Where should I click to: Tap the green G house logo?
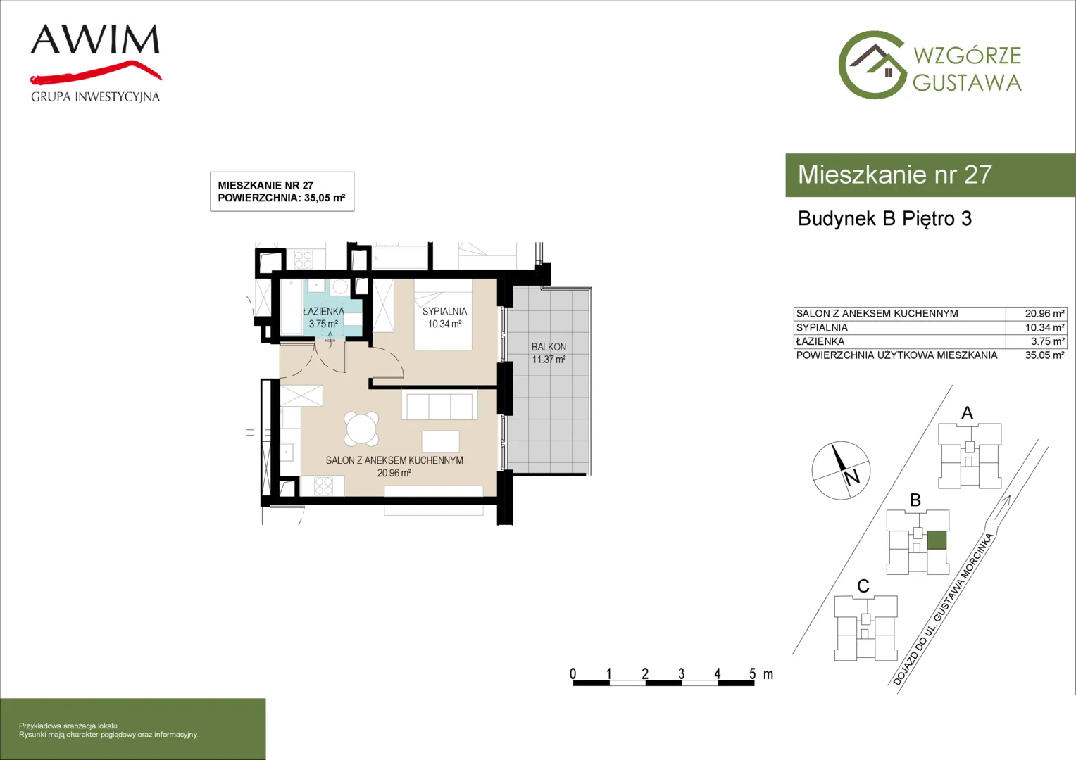(872, 65)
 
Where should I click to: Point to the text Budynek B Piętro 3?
(885, 218)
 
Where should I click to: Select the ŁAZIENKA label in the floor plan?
(323, 311)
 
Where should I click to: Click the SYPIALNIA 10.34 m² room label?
(445, 317)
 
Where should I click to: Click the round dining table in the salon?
(361, 429)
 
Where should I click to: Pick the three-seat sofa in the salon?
(439, 405)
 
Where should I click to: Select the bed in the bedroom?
(444, 315)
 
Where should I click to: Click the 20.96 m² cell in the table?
(1044, 314)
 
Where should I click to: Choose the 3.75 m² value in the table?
(1047, 341)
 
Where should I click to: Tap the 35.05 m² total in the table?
(1044, 355)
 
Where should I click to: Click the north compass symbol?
(841, 470)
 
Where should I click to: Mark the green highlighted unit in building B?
(936, 540)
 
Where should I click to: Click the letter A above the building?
(967, 413)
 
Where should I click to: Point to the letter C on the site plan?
(863, 586)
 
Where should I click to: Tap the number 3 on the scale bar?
(681, 673)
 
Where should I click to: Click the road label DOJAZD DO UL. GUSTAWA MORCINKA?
(943, 609)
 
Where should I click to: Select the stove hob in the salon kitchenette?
(323, 486)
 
